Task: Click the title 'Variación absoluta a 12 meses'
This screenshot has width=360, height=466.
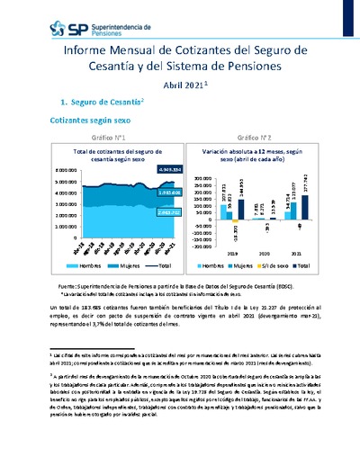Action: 237,152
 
